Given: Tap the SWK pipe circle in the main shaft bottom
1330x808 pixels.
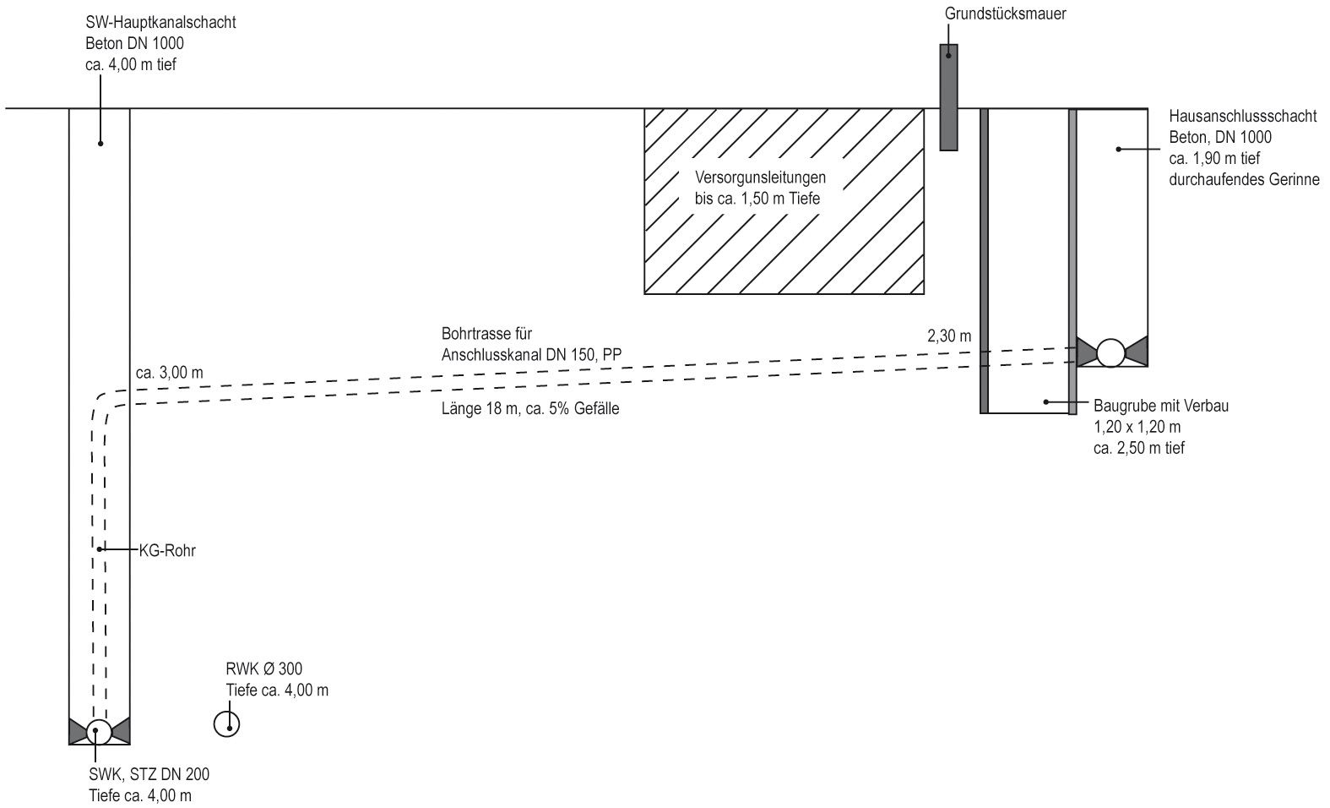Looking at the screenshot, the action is point(99,732).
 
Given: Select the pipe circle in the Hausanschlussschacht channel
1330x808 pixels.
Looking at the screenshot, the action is point(1110,353).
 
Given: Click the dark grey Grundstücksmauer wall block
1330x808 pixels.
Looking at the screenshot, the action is point(948,97).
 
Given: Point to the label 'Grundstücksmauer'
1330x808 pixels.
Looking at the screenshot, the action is point(1005,14).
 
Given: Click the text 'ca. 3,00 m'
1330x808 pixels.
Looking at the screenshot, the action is point(169,373).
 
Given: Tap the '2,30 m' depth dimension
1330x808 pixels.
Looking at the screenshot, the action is point(949,336).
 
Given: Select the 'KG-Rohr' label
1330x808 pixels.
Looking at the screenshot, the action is point(167,551).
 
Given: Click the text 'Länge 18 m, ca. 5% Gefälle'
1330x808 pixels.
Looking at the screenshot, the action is point(530,409).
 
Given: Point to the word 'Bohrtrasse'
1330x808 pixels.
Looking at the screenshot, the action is point(477,333).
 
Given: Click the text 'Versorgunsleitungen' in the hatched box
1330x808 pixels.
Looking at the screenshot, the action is point(761,177).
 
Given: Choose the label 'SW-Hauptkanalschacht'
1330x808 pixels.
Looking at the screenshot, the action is point(160,23).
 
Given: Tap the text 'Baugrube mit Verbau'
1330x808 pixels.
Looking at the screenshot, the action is point(1161,406).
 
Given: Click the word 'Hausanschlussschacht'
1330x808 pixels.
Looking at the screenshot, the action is point(1243,116).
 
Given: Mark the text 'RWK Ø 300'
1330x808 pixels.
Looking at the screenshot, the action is point(263,669).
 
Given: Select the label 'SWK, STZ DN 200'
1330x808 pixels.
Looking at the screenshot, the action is point(149,775).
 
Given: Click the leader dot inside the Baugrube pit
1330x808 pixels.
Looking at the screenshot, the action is point(1046,402).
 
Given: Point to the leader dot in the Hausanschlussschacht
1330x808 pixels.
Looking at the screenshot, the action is point(1119,149).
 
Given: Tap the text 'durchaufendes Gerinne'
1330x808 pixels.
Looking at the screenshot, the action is point(1244,179).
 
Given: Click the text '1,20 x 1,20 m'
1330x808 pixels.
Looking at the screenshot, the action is point(1137,427).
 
